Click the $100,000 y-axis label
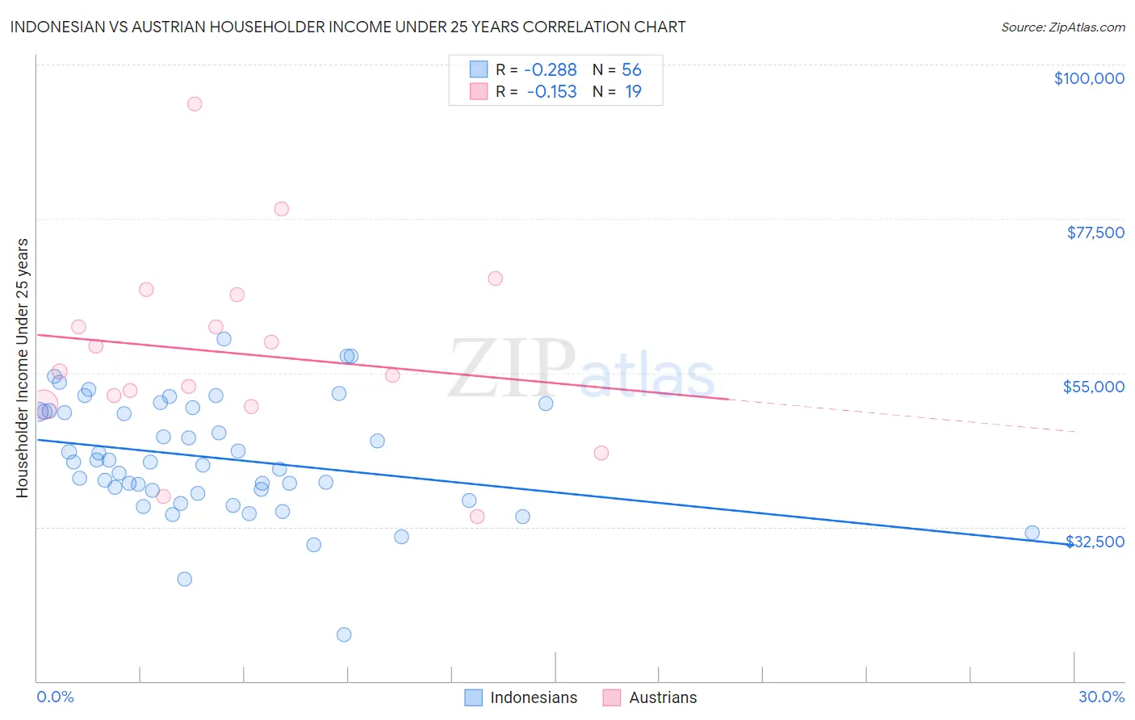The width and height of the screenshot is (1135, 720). pyautogui.click(x=1088, y=78)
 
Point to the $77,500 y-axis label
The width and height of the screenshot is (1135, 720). pyautogui.click(x=1095, y=232)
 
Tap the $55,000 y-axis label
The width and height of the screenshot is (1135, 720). pyautogui.click(x=1093, y=387)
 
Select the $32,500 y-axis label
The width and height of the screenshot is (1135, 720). pyautogui.click(x=1095, y=542)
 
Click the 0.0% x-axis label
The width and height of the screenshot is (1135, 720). pyautogui.click(x=55, y=697)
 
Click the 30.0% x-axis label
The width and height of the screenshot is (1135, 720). pyautogui.click(x=1101, y=697)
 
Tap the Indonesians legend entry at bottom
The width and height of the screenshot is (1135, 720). pyautogui.click(x=533, y=697)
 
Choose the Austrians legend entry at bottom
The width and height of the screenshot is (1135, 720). pyautogui.click(x=662, y=697)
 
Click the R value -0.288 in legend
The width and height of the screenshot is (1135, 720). pyautogui.click(x=551, y=70)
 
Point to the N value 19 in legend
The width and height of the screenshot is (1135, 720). pyautogui.click(x=633, y=92)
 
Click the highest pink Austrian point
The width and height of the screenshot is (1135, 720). pyautogui.click(x=195, y=104)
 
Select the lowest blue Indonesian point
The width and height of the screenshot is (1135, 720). pyautogui.click(x=344, y=634)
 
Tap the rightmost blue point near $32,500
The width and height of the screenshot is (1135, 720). pyautogui.click(x=1032, y=533)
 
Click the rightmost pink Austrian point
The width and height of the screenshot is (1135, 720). pyautogui.click(x=601, y=453)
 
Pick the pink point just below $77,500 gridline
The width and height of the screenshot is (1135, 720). pyautogui.click(x=281, y=209)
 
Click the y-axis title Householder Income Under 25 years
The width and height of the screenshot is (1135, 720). pyautogui.click(x=23, y=367)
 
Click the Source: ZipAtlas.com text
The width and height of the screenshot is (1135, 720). pyautogui.click(x=1062, y=27)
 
